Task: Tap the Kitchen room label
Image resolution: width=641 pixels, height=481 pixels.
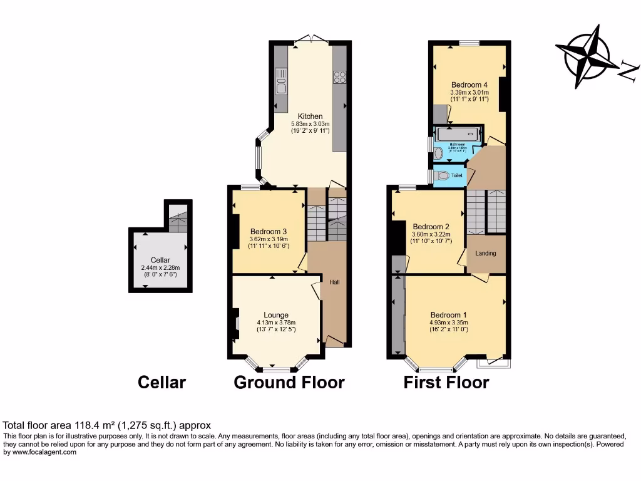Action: pos(310,116)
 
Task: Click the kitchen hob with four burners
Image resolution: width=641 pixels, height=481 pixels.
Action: pos(339,77)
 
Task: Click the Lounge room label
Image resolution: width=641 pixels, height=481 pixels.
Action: pos(276,315)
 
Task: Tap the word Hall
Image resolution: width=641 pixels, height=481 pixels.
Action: pos(335,282)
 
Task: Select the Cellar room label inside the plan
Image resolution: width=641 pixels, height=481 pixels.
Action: pos(160,261)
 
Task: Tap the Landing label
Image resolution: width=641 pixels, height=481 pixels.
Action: pos(486,254)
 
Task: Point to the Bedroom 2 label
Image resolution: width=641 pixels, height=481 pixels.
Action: pos(431,227)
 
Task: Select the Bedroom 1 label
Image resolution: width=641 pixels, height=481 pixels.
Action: pos(448,315)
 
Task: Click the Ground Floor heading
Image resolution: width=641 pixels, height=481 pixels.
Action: pos(289,382)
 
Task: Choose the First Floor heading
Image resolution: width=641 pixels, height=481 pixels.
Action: pos(446,382)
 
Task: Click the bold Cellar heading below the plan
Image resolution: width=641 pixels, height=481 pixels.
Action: pos(162,382)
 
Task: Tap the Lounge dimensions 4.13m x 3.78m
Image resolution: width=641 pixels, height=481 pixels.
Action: pos(276,323)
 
